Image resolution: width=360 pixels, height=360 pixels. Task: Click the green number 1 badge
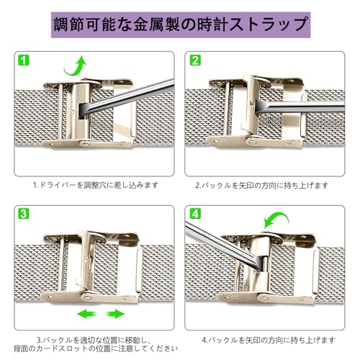(24, 60)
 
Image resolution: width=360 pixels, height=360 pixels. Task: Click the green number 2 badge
(195, 60)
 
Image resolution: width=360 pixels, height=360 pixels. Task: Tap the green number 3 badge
(24, 213)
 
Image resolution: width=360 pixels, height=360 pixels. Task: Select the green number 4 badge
(195, 213)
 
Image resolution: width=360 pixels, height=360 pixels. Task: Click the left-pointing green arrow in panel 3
(86, 314)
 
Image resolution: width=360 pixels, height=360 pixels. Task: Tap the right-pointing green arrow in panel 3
(115, 314)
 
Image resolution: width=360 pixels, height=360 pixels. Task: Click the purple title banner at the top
(181, 24)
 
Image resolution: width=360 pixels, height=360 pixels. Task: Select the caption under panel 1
(96, 185)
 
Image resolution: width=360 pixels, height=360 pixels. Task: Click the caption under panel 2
(261, 185)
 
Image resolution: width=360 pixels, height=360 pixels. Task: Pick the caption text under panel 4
(268, 340)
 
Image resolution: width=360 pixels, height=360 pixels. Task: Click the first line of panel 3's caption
(94, 340)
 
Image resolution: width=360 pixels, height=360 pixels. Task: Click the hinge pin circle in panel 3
(87, 297)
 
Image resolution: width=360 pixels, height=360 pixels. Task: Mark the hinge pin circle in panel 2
(251, 142)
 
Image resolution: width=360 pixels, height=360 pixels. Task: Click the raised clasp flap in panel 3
(86, 261)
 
